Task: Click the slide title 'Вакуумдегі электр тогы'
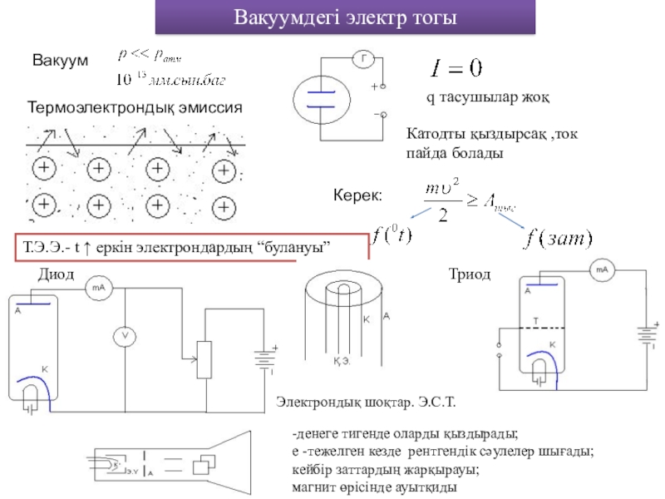tap(345, 17)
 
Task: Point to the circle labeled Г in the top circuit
tap(363, 58)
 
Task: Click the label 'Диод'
tap(56, 274)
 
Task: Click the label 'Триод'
tap(470, 274)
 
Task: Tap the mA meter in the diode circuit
tap(97, 288)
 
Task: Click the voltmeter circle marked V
tap(124, 335)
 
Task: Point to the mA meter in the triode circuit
tap(603, 269)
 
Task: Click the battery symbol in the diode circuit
tap(265, 361)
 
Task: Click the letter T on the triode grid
tap(535, 319)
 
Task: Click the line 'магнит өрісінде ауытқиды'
tap(374, 486)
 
